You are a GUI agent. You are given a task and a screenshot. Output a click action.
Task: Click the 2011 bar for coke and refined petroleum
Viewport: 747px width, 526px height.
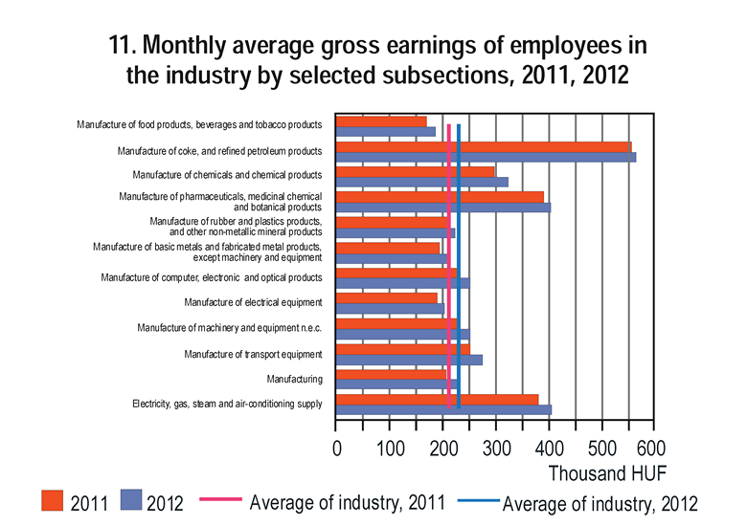click(484, 146)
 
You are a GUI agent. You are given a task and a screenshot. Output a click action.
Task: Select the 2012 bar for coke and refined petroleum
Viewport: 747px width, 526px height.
click(486, 157)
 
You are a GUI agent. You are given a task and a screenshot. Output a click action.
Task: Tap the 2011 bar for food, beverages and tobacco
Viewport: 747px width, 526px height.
click(381, 121)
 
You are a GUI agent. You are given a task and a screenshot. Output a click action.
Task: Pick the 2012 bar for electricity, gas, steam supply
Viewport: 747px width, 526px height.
click(443, 409)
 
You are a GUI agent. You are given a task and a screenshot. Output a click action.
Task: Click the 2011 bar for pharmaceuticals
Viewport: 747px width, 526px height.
click(440, 196)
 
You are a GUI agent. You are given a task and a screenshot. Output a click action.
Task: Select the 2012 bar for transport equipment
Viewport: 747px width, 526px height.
click(409, 360)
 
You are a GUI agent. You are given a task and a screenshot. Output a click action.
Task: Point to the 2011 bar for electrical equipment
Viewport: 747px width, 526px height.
click(386, 297)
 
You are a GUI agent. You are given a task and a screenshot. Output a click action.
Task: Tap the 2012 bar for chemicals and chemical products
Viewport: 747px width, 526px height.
click(421, 182)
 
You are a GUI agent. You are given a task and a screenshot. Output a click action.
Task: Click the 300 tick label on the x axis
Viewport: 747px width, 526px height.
click(496, 449)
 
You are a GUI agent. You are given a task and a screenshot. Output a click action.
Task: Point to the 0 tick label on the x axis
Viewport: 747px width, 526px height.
click(337, 449)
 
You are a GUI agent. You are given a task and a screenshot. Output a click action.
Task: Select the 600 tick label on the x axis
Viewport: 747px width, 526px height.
click(650, 449)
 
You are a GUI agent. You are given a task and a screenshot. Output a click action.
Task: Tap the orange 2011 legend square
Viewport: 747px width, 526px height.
click(53, 502)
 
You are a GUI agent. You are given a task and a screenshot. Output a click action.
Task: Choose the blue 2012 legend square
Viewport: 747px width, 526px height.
click(132, 502)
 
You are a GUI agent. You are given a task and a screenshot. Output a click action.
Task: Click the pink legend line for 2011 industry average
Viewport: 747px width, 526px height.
click(219, 500)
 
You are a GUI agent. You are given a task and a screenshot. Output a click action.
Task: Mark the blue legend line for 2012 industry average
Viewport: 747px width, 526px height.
click(476, 500)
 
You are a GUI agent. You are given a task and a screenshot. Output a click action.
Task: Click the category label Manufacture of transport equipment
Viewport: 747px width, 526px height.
click(253, 354)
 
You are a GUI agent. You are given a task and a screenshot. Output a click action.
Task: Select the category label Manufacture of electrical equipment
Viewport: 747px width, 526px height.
click(253, 303)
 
